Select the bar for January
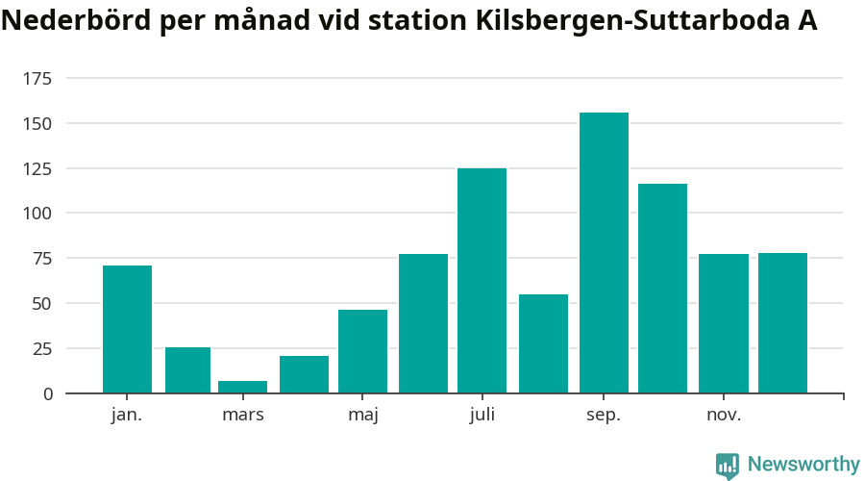(127, 329)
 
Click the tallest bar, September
(604, 252)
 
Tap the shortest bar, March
(242, 387)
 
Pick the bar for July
(482, 280)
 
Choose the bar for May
(362, 351)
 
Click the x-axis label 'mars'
(242, 416)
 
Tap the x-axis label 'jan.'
(127, 416)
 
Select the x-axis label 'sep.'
(604, 416)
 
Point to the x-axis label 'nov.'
(723, 416)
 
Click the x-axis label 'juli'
(482, 416)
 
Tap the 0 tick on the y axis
(46, 393)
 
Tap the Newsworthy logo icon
(728, 466)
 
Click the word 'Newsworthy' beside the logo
(803, 465)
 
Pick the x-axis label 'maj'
(362, 416)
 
